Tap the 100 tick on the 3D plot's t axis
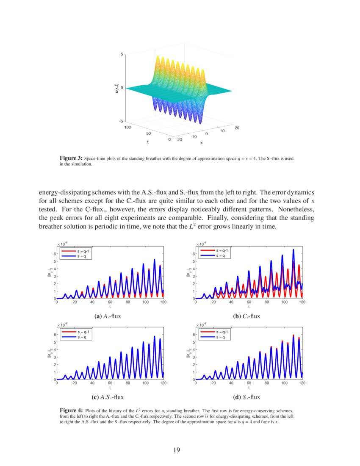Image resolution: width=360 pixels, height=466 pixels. click(x=128, y=126)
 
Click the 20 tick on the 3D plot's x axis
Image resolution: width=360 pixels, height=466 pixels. click(x=236, y=127)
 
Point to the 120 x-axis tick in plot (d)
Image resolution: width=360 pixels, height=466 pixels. click(x=302, y=383)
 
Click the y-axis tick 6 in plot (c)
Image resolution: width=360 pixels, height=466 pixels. click(x=53, y=335)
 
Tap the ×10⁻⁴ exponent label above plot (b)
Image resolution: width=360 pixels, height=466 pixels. click(x=200, y=244)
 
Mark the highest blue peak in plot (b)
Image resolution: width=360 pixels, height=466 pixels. click(x=293, y=250)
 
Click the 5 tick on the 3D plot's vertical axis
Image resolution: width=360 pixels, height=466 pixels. click(x=122, y=54)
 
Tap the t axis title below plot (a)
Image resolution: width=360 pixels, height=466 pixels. click(x=110, y=307)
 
